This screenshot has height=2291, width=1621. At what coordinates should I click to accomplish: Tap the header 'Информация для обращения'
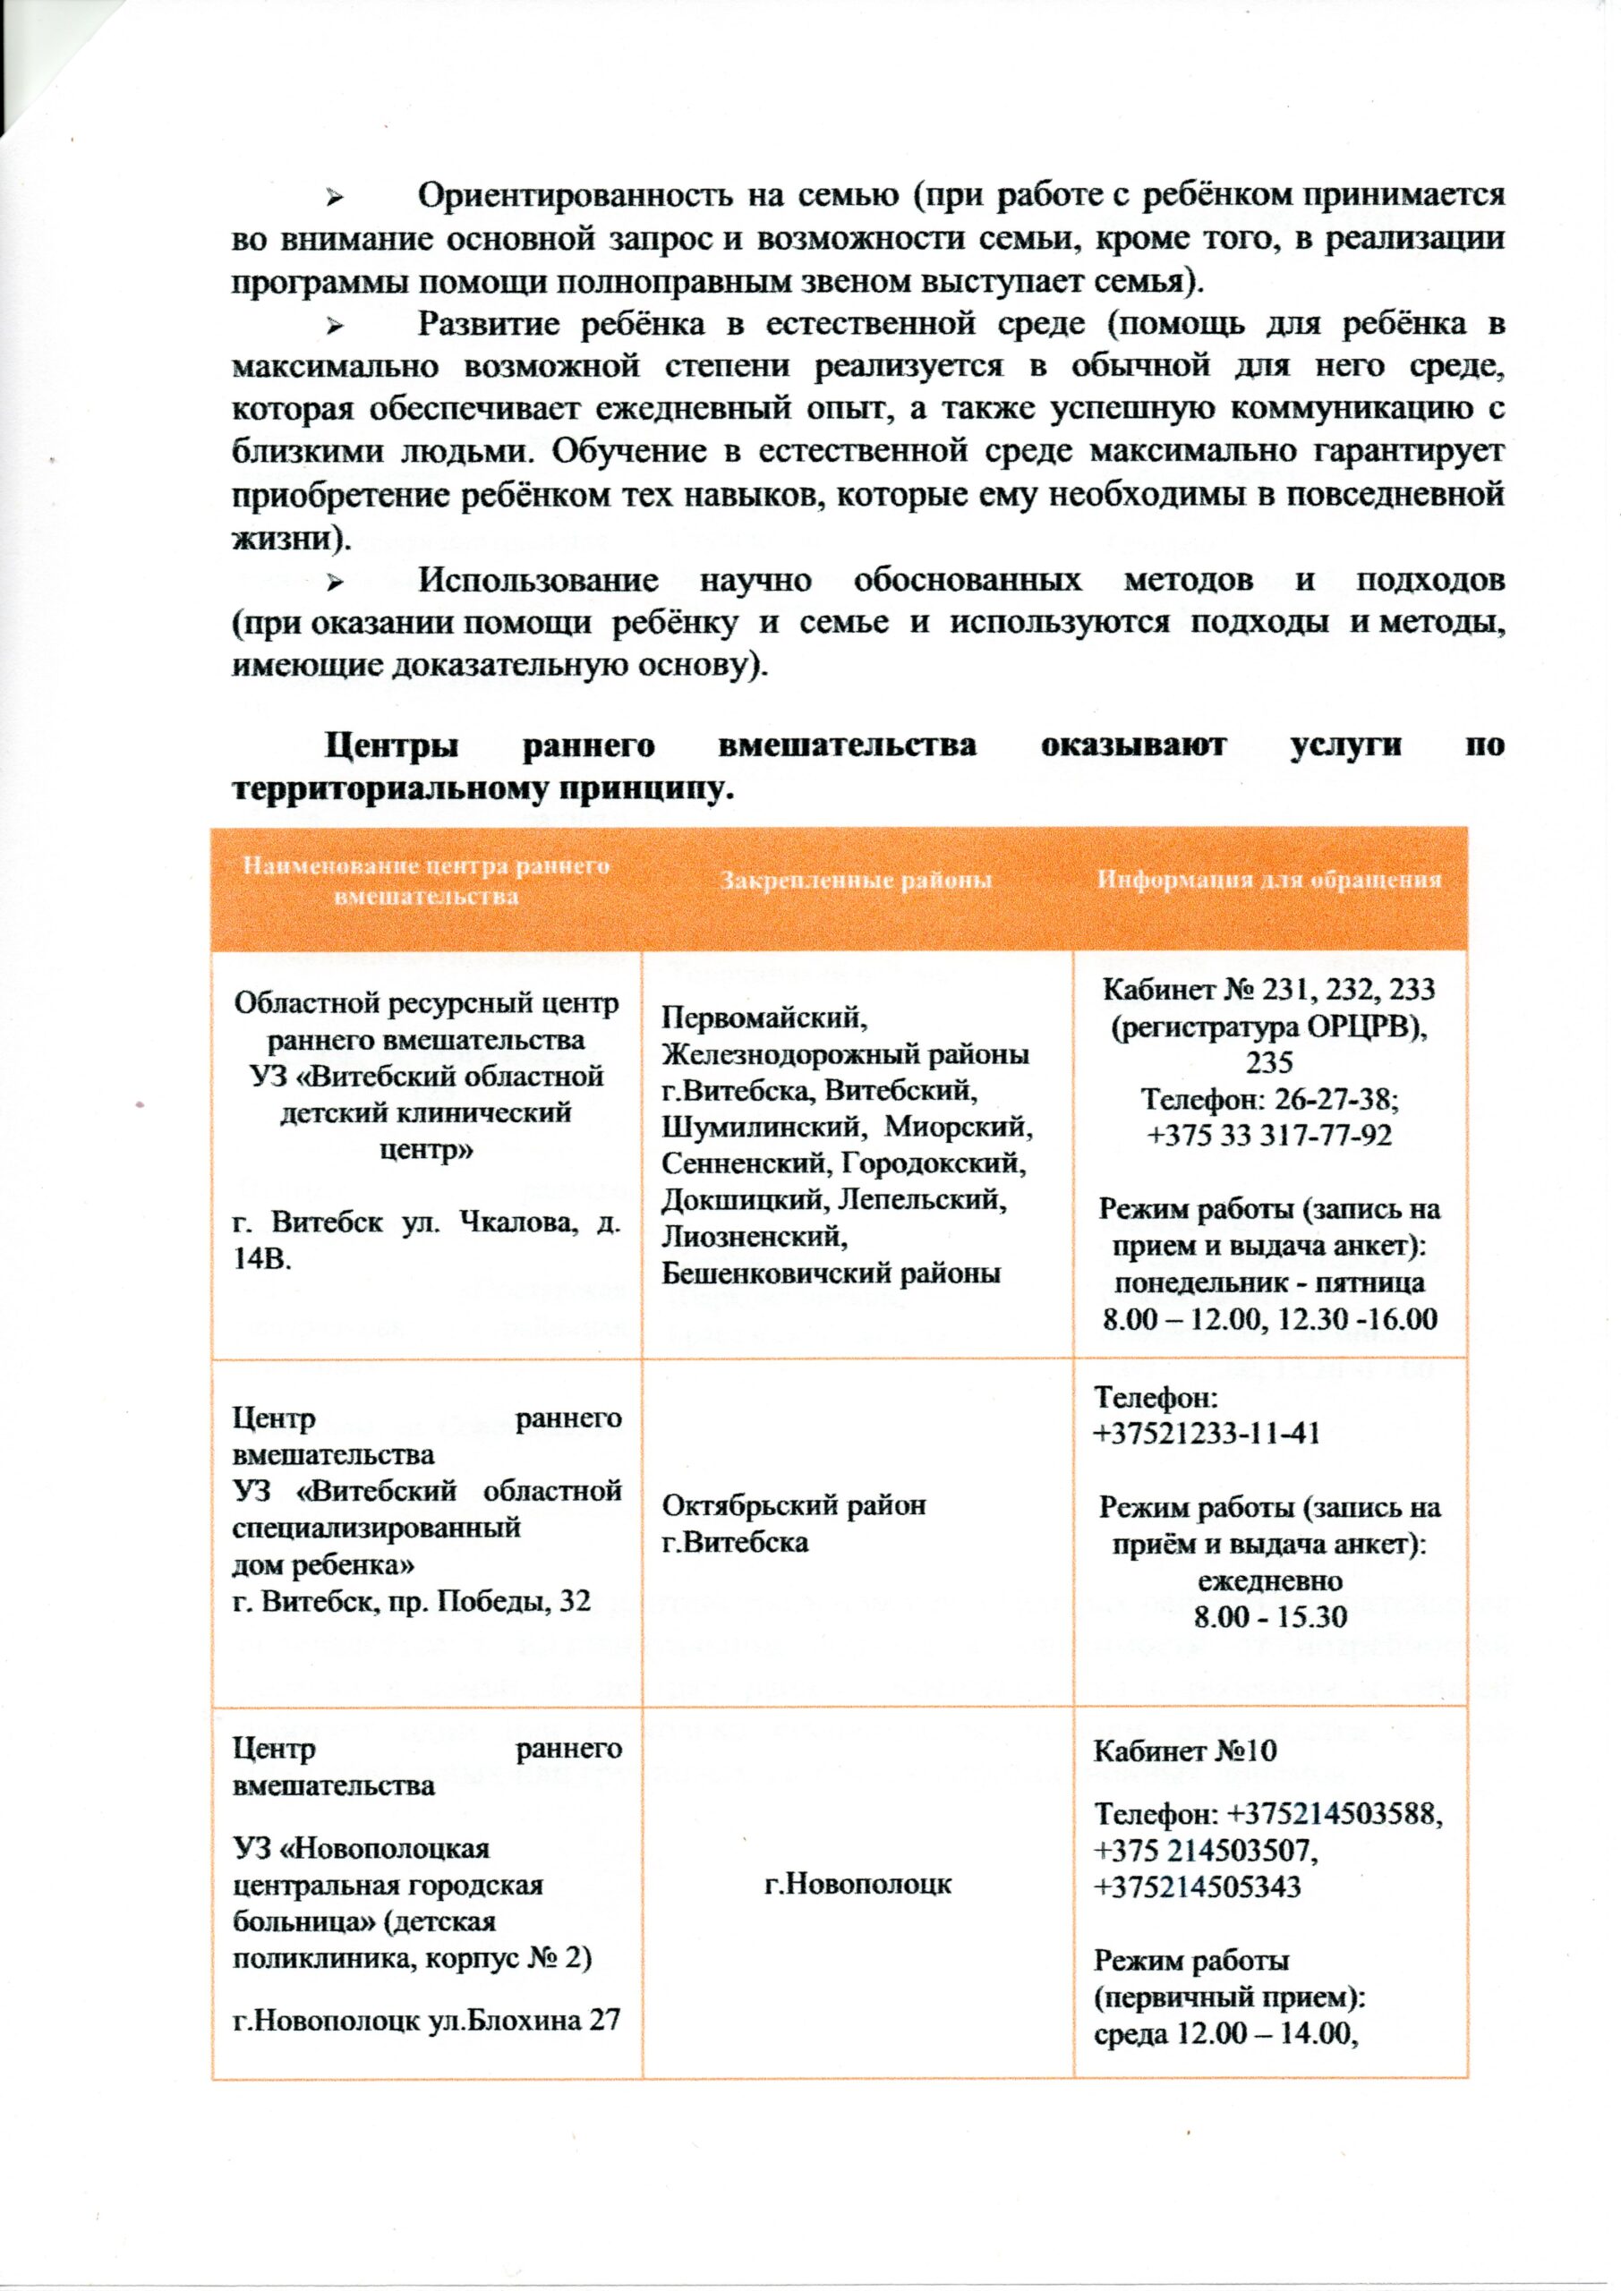[x=1269, y=880]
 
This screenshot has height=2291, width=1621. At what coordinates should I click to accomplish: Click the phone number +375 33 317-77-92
[x=1269, y=1136]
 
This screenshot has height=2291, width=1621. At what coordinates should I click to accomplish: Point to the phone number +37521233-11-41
[x=1207, y=1434]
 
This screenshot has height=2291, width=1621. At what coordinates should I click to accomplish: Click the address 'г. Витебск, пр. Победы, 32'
[x=411, y=1603]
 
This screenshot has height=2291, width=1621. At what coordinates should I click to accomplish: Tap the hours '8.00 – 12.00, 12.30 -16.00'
[x=1269, y=1319]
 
